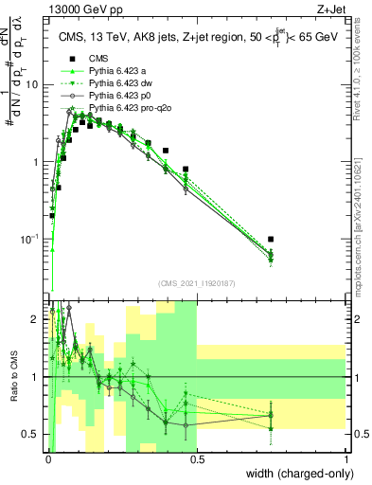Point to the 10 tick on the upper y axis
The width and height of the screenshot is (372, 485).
click(35, 84)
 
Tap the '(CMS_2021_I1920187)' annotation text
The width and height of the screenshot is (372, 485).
click(198, 283)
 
